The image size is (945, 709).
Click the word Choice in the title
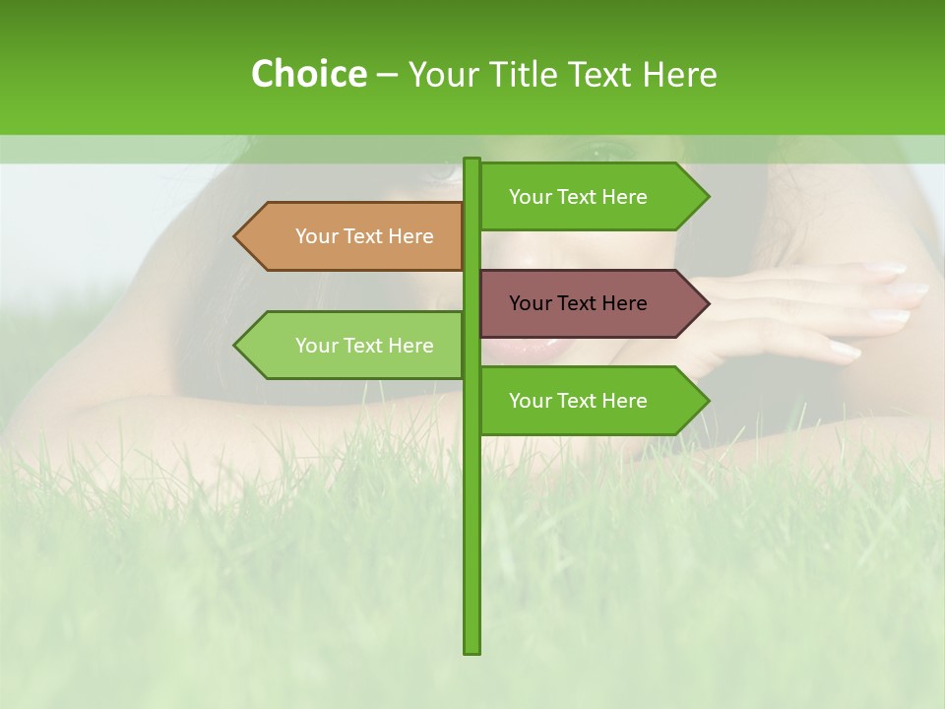tap(308, 74)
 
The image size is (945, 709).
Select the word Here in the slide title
tap(679, 74)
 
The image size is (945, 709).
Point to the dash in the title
tap(387, 75)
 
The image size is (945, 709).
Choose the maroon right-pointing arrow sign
tap(591, 303)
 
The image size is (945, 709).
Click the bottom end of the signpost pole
tap(472, 650)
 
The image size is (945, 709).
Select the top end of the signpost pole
tap(472, 161)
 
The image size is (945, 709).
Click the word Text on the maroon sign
tap(579, 303)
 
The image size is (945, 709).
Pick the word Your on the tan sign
tap(315, 236)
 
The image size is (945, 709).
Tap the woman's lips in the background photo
tap(522, 346)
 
